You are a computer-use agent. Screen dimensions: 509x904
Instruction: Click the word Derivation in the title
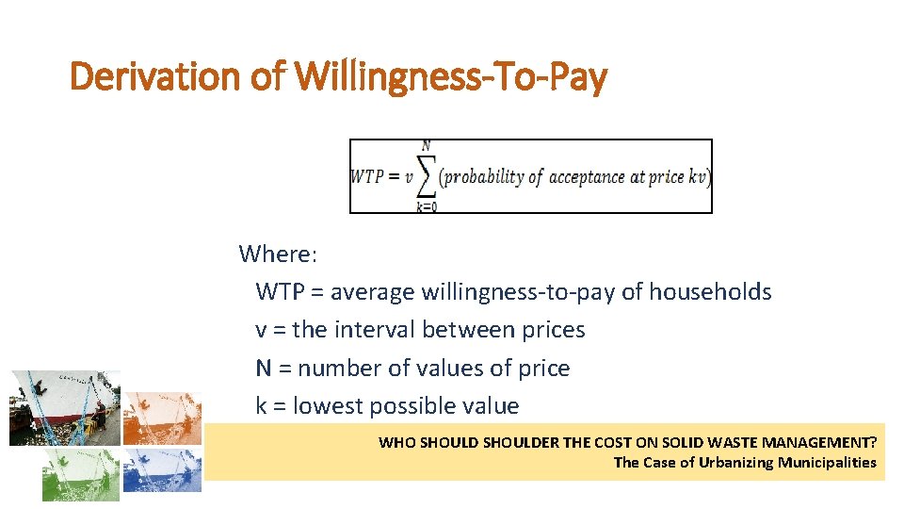(156, 75)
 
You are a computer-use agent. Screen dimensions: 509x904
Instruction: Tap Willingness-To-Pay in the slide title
(450, 75)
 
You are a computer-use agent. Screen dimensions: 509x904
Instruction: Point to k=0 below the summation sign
(427, 207)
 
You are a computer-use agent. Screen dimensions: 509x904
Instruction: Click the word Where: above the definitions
(278, 254)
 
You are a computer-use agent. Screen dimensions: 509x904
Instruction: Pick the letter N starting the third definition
(264, 369)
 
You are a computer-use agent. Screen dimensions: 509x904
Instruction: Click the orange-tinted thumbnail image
(162, 418)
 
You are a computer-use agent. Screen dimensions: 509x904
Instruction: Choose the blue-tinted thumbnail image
(162, 468)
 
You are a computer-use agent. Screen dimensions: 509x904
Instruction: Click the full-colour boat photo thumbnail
(65, 407)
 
